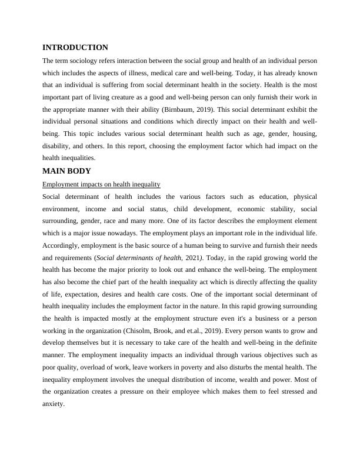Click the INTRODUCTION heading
pyautogui.click(x=75, y=47)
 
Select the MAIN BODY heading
pyautogui.click(x=67, y=171)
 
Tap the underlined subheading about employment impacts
pyautogui.click(x=102, y=184)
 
